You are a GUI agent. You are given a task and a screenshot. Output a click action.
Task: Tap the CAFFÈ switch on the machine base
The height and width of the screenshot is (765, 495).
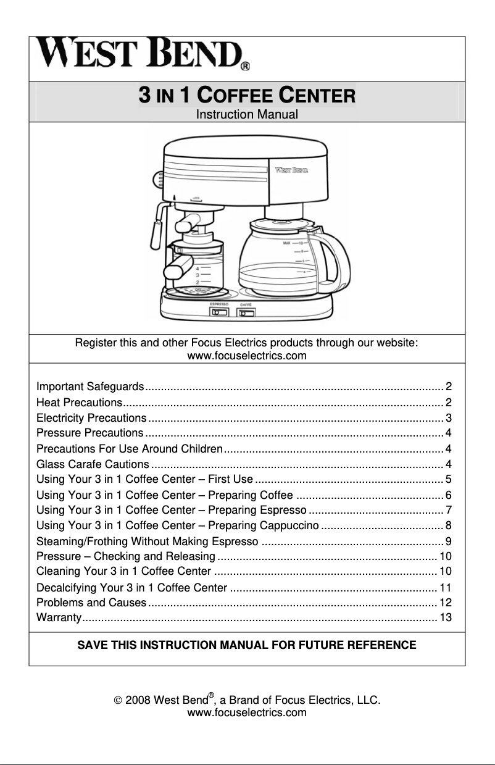click(x=246, y=313)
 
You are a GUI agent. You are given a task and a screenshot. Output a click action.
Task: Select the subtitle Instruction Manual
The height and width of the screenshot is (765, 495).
click(x=247, y=114)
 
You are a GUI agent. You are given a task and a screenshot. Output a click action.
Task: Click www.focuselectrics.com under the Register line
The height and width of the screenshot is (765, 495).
click(x=247, y=356)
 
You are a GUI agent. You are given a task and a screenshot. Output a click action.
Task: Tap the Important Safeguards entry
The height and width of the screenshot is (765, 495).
click(x=90, y=387)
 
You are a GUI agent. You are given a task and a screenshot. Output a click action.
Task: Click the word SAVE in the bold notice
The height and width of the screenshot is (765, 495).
click(x=90, y=646)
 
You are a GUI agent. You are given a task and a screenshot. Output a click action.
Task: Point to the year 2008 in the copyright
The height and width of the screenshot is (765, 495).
click(x=138, y=700)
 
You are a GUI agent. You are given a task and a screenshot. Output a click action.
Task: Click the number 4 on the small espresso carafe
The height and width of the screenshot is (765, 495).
click(x=197, y=269)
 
